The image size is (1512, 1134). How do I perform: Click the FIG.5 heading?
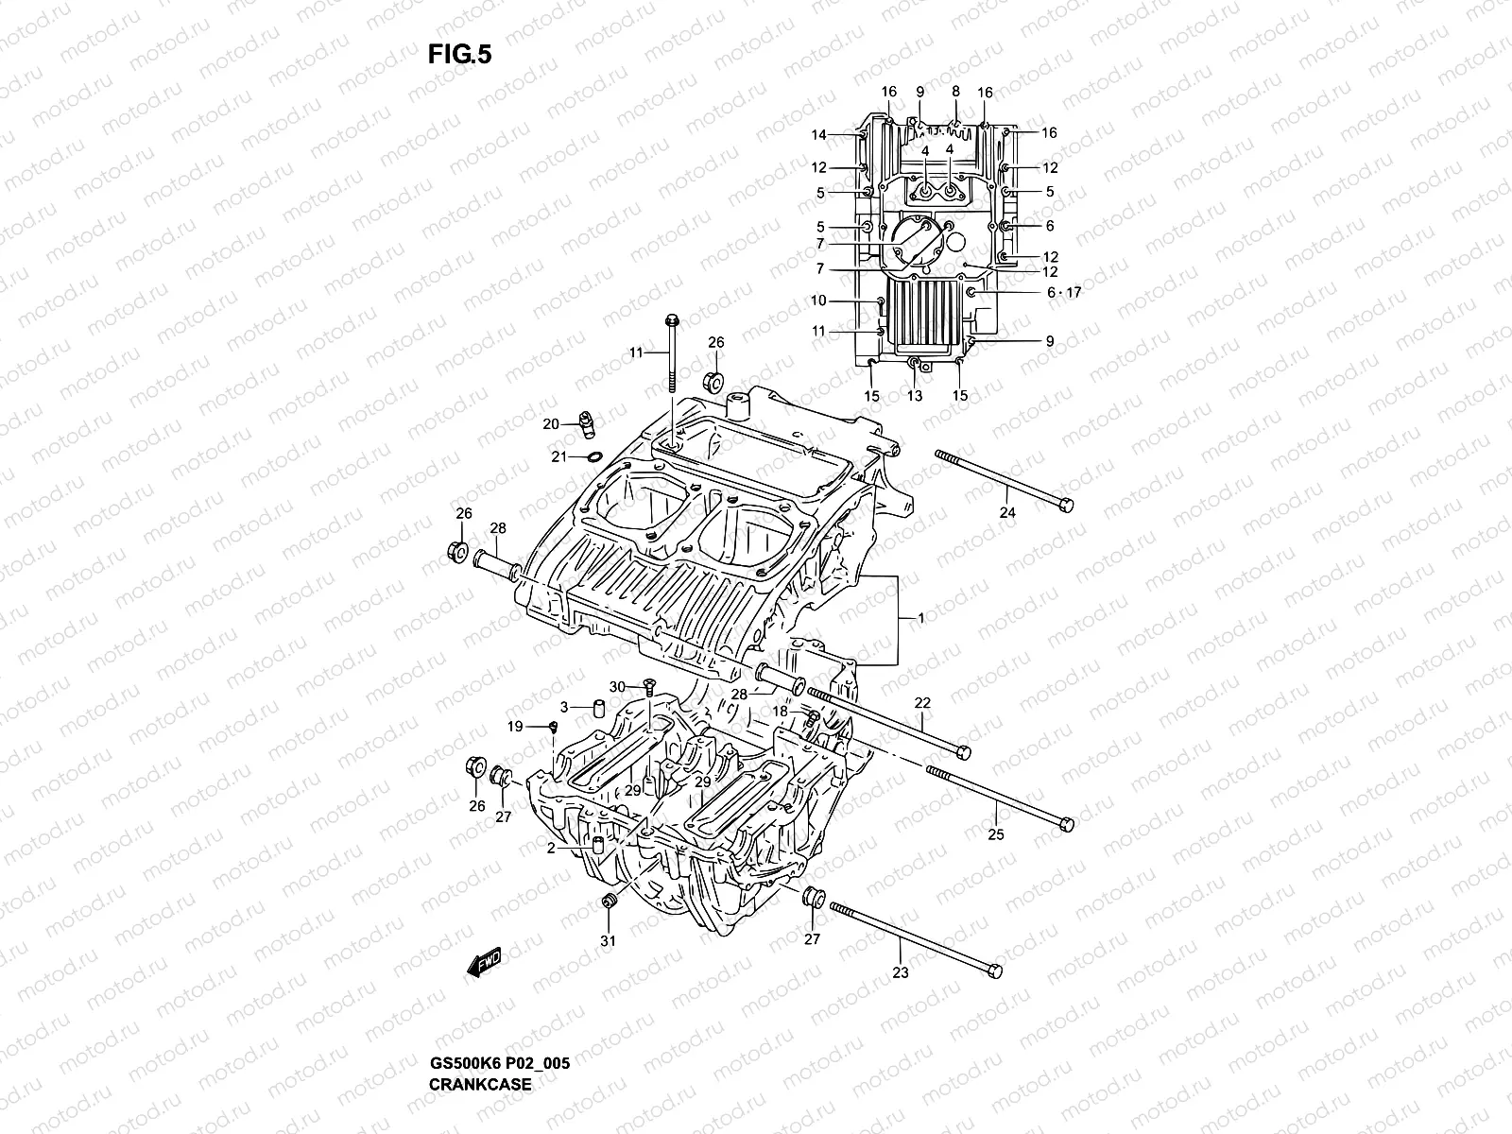[x=459, y=55]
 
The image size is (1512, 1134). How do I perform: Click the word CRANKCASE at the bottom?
[x=480, y=1031]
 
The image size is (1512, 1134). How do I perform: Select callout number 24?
[x=1007, y=512]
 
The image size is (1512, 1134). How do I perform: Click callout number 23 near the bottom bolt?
[x=900, y=972]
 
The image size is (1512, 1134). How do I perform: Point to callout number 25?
[x=996, y=834]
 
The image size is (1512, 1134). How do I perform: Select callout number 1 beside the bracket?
[x=920, y=618]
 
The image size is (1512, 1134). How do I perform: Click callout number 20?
[x=551, y=424]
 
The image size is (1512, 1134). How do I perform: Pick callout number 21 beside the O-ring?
[x=558, y=457]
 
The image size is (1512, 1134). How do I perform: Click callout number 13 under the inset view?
[x=914, y=396]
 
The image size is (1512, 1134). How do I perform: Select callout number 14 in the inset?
[x=818, y=135]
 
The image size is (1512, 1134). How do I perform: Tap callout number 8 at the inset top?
[x=955, y=91]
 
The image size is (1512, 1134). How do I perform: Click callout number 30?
[x=616, y=686]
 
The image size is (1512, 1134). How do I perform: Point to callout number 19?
[x=515, y=727]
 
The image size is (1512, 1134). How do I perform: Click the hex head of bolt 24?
[x=1066, y=505]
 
